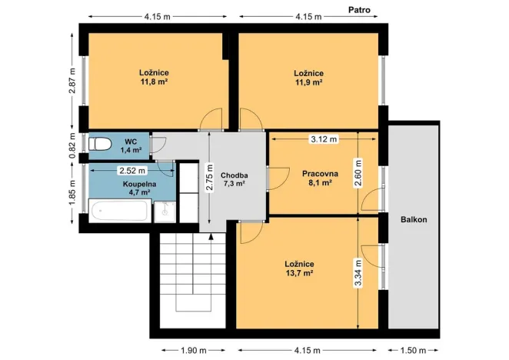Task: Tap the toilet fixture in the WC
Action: [101, 145]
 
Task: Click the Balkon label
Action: [413, 219]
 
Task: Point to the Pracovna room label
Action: [316, 173]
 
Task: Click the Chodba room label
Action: [234, 174]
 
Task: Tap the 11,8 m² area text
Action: [154, 81]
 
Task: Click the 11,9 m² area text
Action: [308, 82]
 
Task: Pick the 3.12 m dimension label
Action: [323, 139]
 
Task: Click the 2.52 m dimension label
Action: [131, 170]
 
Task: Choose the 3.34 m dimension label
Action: [358, 273]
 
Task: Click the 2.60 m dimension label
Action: [358, 172]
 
